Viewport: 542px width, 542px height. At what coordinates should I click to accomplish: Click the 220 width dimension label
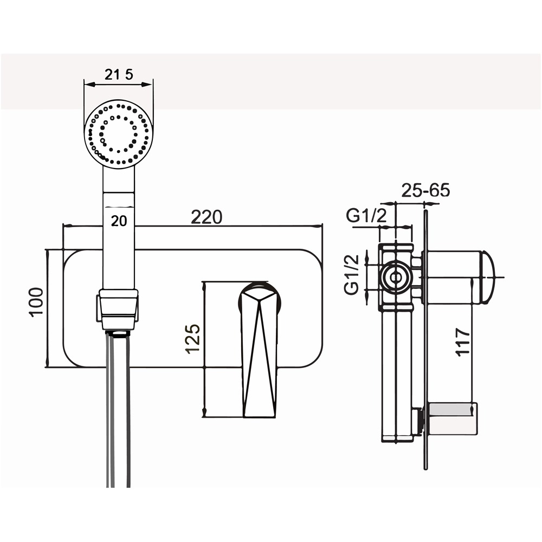point(207,217)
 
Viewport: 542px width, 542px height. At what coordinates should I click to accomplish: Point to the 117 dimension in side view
point(463,342)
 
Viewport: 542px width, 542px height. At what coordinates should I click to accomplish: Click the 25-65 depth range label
point(426,190)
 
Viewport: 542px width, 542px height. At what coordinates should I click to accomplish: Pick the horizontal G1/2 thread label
point(366,216)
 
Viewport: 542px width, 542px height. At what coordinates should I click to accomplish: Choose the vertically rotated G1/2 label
point(352,274)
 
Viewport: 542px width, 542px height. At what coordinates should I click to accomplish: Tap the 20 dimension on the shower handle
point(119,221)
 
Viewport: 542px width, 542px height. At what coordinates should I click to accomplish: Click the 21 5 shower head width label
point(119,74)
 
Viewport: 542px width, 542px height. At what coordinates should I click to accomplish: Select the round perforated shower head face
point(118,134)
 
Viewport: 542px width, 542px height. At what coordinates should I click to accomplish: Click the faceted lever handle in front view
point(260,350)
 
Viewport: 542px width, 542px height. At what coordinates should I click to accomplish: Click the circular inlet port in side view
point(396,277)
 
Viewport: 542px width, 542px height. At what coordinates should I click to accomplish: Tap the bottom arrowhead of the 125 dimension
point(204,412)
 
